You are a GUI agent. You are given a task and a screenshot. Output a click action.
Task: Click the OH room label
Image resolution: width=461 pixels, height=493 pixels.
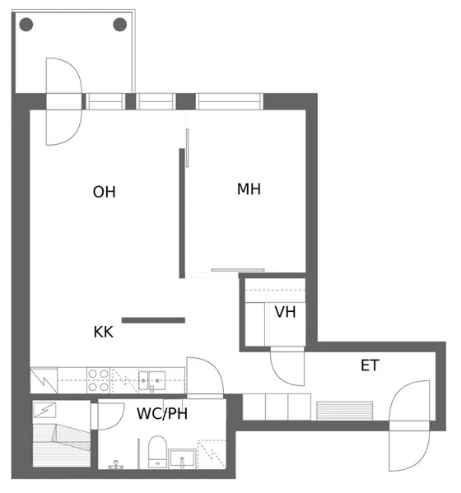(x=104, y=192)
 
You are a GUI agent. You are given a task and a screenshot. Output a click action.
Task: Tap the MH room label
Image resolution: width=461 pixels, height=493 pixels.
(x=249, y=189)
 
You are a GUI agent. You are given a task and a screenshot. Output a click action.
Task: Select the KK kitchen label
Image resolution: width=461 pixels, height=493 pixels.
(x=104, y=332)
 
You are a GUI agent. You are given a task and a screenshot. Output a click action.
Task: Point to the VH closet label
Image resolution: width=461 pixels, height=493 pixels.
(x=285, y=312)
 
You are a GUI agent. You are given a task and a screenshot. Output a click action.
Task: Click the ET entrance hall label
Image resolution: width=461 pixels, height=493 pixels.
(x=370, y=365)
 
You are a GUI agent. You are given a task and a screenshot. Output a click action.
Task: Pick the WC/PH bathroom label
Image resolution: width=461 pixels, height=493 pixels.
(x=162, y=414)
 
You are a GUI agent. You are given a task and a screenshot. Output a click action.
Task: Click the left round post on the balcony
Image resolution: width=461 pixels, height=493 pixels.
(x=26, y=25)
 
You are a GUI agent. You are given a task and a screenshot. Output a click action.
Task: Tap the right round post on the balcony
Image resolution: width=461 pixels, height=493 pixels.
(x=120, y=25)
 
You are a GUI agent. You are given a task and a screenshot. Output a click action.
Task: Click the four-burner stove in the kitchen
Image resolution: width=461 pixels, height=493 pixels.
(x=98, y=380)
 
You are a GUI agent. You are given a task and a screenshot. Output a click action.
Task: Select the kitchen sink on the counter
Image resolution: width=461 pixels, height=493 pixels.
(x=152, y=380)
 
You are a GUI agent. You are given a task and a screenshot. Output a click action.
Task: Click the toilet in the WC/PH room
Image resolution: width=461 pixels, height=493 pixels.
(x=157, y=452)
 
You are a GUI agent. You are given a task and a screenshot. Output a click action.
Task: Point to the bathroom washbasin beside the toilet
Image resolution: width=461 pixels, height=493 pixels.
(x=182, y=458)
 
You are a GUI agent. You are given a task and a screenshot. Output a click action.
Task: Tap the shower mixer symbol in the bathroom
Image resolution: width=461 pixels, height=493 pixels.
(x=116, y=465)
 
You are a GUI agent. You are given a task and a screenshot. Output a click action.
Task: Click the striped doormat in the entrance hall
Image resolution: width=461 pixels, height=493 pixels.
(x=345, y=411)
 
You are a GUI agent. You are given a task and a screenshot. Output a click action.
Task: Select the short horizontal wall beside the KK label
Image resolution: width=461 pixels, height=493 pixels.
(x=153, y=320)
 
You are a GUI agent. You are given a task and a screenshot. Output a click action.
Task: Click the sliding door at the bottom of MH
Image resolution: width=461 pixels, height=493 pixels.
(x=238, y=270)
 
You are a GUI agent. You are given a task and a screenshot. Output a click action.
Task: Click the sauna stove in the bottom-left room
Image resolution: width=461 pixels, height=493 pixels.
(x=44, y=411)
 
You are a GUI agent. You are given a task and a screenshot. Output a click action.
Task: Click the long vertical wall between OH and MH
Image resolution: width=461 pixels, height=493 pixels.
(x=182, y=213)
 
